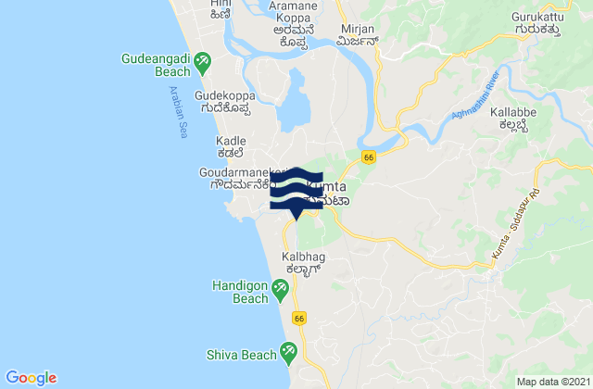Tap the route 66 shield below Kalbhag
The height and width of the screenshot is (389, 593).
click(298, 318)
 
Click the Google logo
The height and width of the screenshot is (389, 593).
click(32, 377)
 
